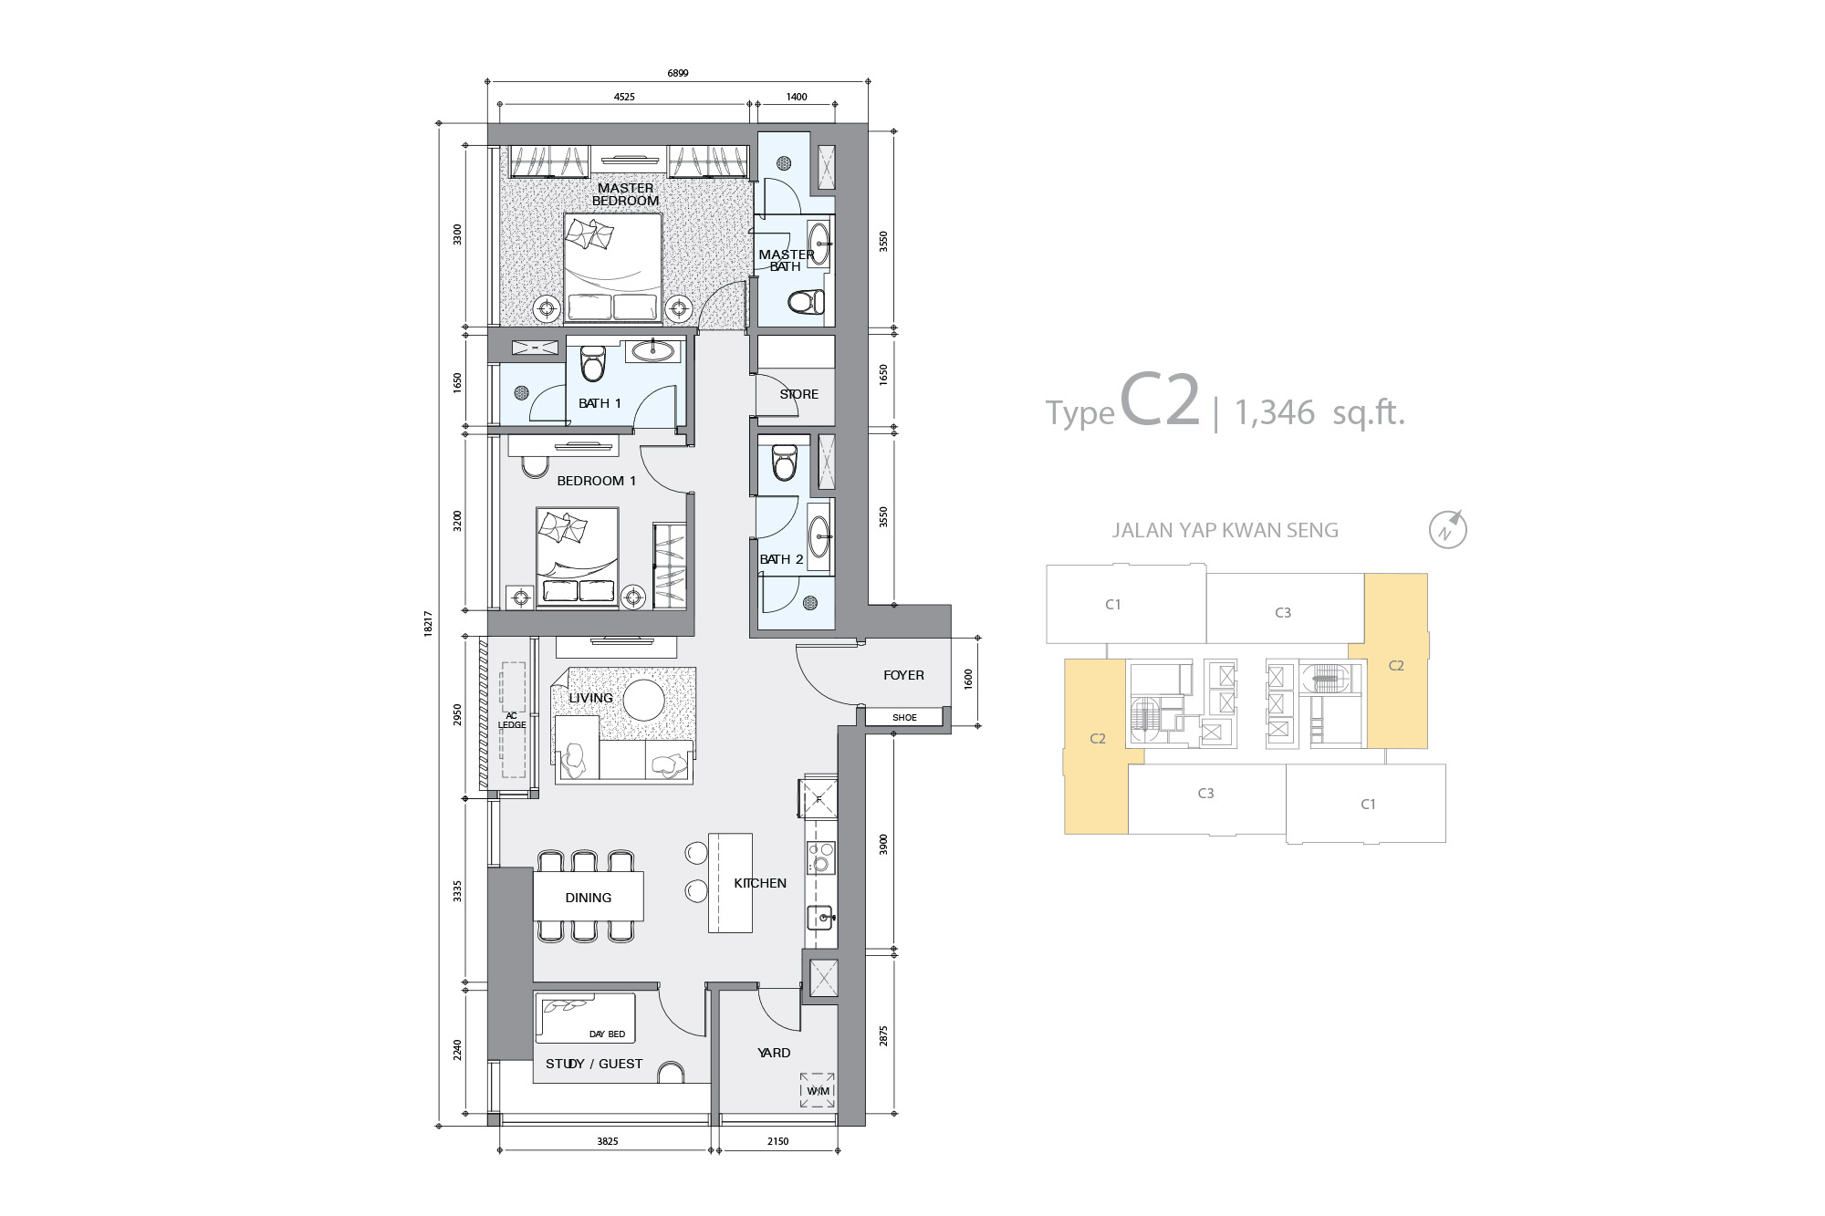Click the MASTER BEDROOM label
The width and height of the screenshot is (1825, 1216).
(625, 194)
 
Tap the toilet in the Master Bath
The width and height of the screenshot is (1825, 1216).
(807, 302)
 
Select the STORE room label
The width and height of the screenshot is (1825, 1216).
(798, 394)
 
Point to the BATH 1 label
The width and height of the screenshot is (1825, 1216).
(600, 403)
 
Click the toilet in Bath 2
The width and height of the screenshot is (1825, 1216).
(785, 462)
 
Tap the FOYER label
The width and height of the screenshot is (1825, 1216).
(903, 675)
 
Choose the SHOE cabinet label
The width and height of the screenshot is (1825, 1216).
(904, 718)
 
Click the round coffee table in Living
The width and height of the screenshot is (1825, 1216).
(644, 701)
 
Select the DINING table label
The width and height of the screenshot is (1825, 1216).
(589, 898)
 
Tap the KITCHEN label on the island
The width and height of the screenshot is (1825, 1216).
(760, 883)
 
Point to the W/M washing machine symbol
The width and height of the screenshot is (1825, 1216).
(818, 1090)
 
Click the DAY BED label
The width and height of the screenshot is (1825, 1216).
(607, 1034)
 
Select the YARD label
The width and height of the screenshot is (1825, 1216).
(774, 1053)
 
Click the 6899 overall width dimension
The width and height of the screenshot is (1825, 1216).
(678, 73)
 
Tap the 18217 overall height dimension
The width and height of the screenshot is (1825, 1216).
(428, 624)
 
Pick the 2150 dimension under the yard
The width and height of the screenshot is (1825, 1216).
(777, 1141)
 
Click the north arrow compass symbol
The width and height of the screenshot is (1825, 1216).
(1447, 529)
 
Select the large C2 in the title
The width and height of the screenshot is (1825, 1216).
(1160, 399)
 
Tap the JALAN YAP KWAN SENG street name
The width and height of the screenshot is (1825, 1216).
(1225, 530)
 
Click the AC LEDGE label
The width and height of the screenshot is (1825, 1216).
(512, 721)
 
